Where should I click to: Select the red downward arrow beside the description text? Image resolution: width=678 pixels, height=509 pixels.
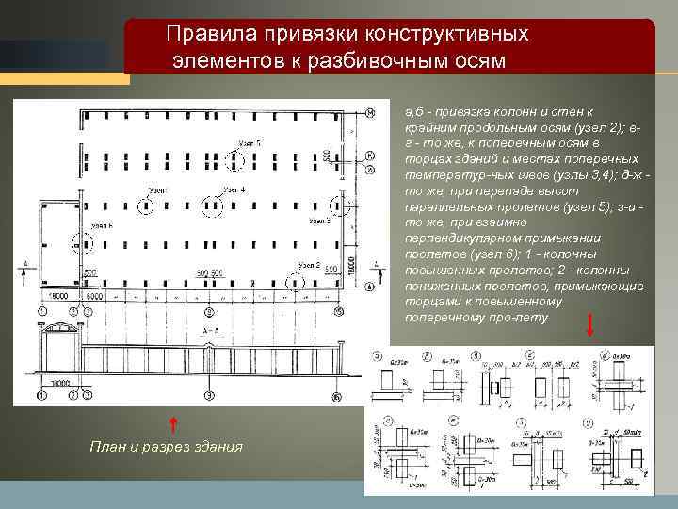click(589, 325)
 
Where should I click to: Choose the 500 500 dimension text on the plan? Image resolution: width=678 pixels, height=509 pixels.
click(209, 272)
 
